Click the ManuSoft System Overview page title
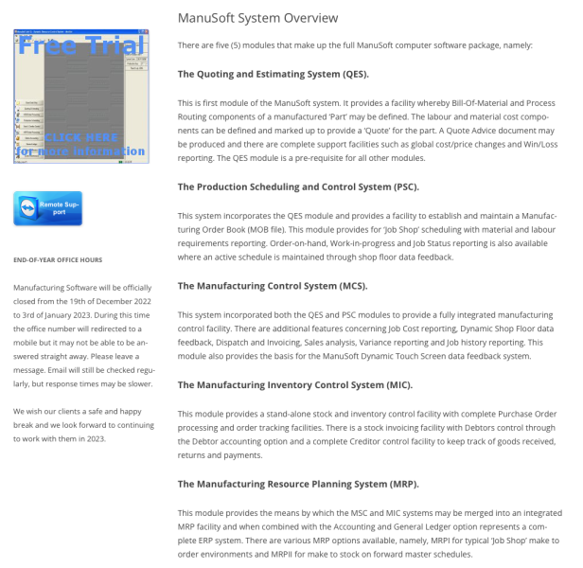(257, 18)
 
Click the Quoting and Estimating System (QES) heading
(274, 73)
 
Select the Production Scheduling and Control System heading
(298, 186)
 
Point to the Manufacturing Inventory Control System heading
(294, 385)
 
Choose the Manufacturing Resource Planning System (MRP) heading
(295, 484)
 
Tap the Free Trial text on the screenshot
(81, 44)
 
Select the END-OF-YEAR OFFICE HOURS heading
(59, 259)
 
